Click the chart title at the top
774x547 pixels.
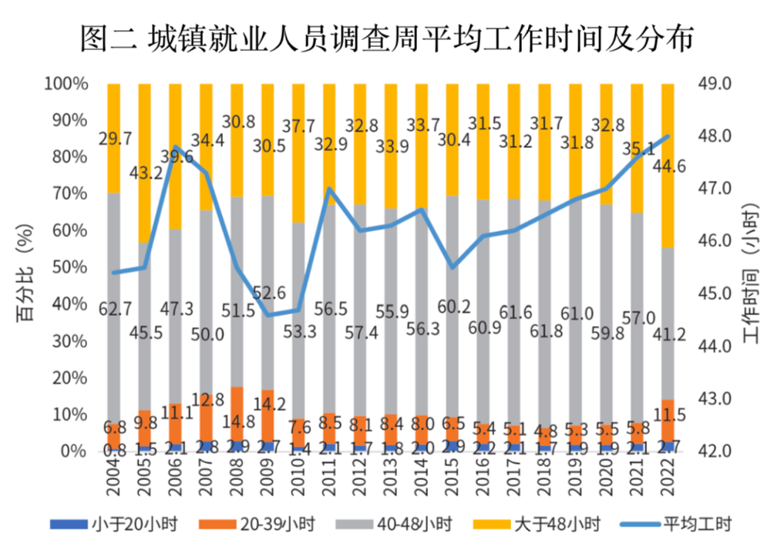click(387, 38)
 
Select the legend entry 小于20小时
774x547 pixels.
click(116, 524)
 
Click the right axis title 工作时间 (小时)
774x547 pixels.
click(751, 266)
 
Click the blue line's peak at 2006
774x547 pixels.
click(176, 146)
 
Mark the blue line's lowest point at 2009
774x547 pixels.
click(268, 314)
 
